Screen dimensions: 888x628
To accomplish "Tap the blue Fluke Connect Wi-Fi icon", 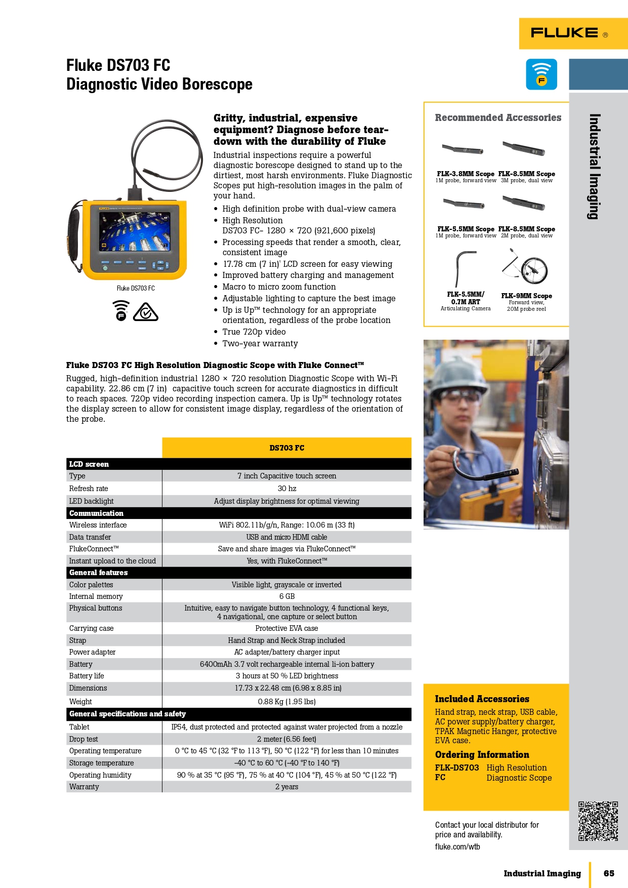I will [x=541, y=74].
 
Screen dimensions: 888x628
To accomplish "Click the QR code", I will [x=598, y=821].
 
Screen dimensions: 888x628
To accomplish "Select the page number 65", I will [x=609, y=873].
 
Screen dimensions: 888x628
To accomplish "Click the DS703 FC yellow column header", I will [x=286, y=448].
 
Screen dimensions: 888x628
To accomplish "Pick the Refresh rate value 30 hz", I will [x=286, y=489].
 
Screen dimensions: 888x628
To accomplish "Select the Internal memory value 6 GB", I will [x=286, y=596].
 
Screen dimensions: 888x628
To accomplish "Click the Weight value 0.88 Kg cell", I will [x=286, y=702].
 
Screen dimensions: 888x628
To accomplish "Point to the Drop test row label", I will [x=83, y=739].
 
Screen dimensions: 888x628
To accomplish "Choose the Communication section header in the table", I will [x=96, y=513].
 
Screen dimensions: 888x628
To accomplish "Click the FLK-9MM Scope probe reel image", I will [x=529, y=268].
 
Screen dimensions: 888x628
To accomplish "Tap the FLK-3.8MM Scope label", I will [x=466, y=174].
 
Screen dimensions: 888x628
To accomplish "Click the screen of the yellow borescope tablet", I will [x=135, y=231].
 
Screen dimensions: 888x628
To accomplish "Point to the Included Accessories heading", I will [x=482, y=699].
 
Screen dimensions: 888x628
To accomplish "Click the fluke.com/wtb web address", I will [x=457, y=846].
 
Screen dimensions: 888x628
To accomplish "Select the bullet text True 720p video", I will [x=254, y=332].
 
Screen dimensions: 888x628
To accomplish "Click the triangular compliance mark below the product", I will [x=146, y=312].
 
